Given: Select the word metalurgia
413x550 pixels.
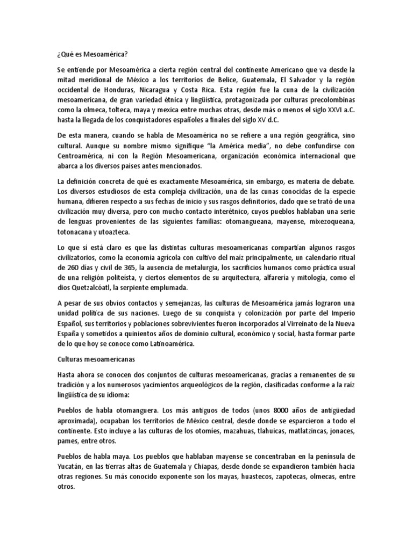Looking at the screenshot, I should tap(190, 267).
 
